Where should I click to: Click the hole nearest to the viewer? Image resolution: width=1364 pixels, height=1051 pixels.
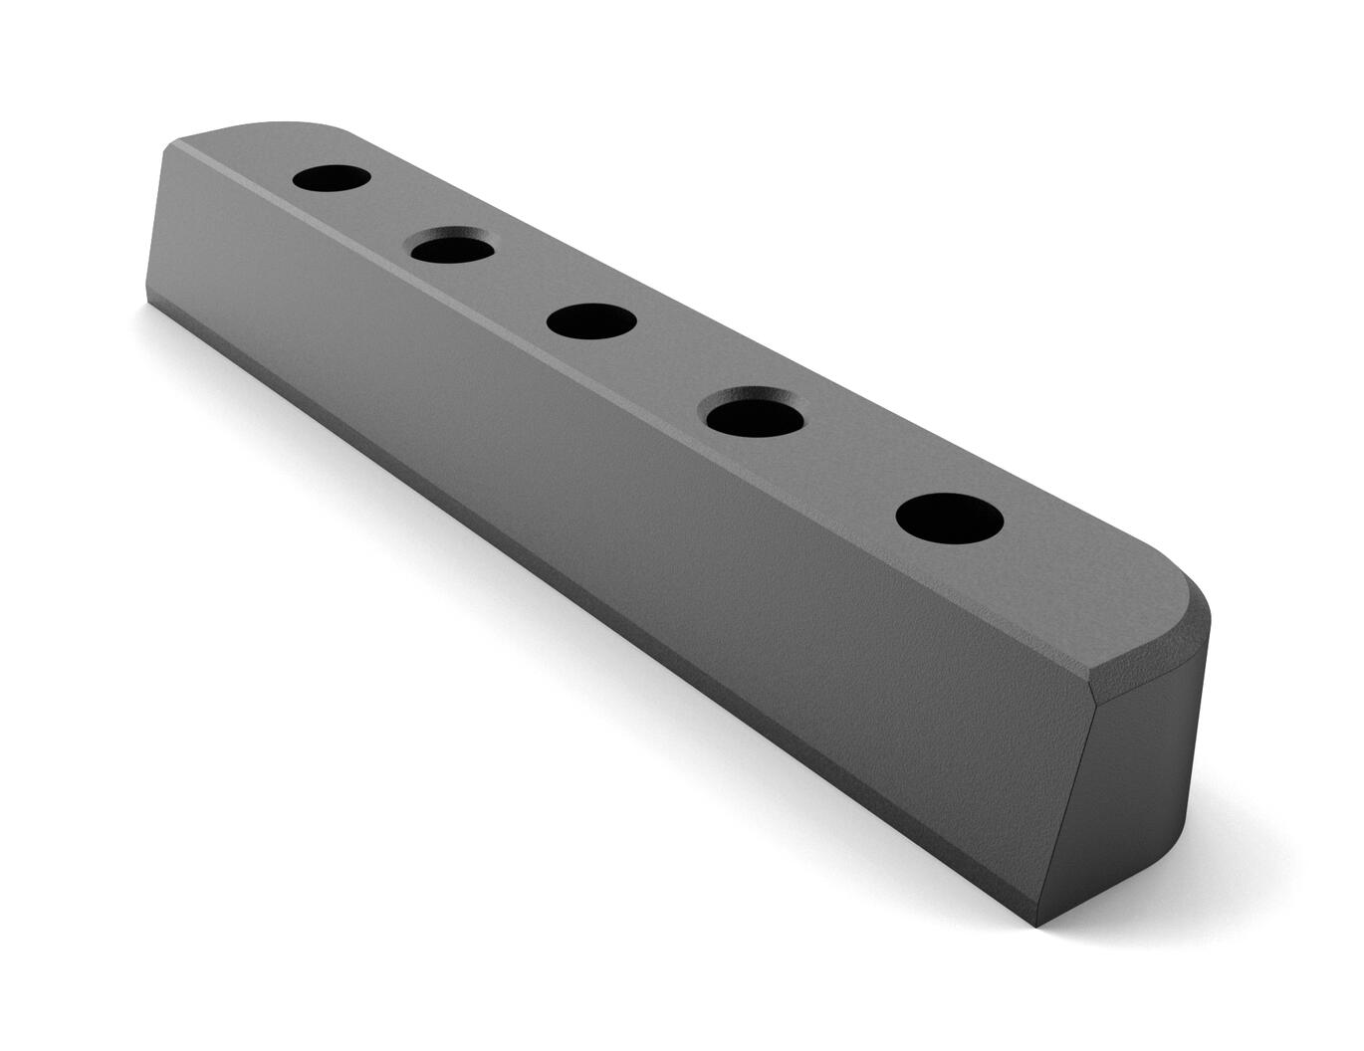949,519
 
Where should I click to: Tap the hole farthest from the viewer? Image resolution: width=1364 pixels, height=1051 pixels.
332,179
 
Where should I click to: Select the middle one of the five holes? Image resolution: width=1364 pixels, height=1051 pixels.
591,321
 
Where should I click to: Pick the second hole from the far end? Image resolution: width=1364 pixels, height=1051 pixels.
452,246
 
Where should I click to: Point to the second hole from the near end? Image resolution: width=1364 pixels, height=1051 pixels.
756,412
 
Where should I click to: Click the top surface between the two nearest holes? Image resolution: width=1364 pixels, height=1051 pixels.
856,468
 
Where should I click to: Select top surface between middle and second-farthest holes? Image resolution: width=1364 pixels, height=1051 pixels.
523,285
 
